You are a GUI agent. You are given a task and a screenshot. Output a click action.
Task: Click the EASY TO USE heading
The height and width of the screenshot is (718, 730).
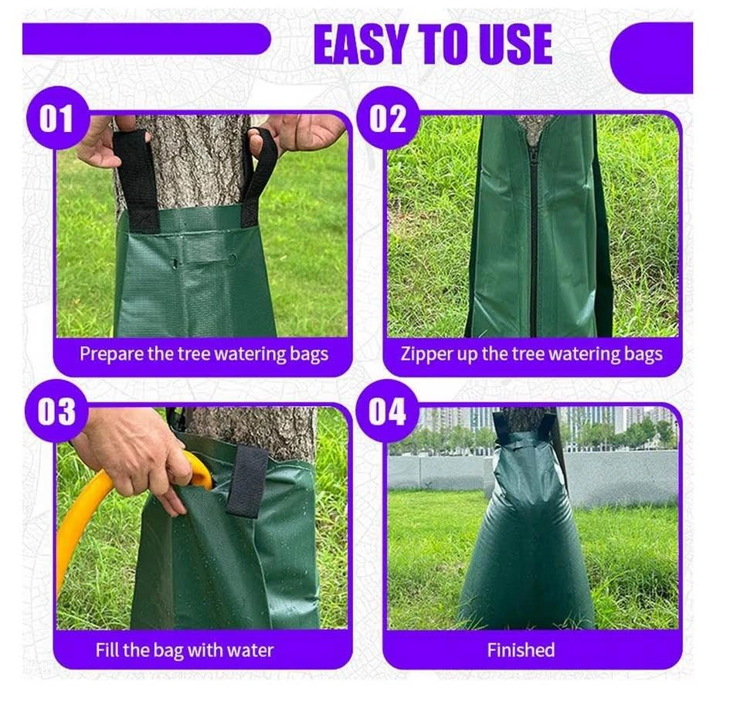pos(433,45)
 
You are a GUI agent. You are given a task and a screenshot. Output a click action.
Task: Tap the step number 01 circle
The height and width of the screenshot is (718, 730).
pos(57,118)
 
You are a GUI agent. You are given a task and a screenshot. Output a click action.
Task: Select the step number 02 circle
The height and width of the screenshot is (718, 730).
pos(388,118)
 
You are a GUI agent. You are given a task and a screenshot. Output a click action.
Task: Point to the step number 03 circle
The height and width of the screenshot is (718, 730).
pos(57,411)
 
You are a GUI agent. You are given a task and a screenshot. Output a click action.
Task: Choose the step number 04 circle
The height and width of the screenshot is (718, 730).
pos(387,411)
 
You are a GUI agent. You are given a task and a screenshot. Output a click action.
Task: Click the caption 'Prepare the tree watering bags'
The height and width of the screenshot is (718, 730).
pos(204,354)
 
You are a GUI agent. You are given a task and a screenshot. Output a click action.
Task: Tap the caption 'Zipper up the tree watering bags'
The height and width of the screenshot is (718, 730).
pos(531,354)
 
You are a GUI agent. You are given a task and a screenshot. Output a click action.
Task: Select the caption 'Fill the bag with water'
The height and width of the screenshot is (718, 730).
pos(185,650)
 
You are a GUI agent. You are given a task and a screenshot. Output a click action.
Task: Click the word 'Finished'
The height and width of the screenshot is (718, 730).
pos(521,650)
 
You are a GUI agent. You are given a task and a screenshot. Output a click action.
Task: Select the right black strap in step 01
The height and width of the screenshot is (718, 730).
pos(259,174)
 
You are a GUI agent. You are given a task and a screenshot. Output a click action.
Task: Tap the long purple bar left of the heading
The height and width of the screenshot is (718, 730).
pos(146,39)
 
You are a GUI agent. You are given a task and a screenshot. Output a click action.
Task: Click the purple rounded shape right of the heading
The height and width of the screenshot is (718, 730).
pos(652,58)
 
